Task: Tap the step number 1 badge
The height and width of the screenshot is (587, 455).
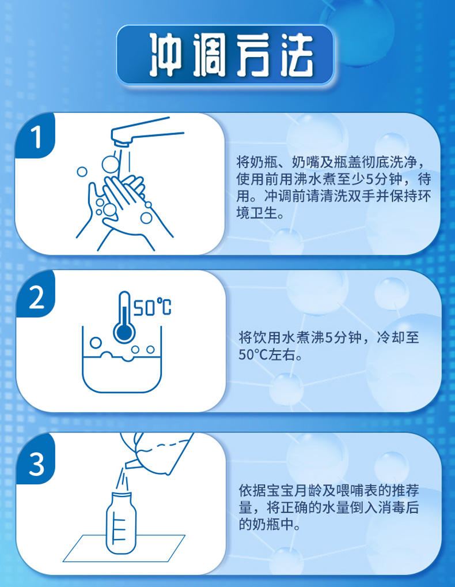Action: click(36, 138)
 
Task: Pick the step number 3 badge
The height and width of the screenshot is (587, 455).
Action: click(36, 464)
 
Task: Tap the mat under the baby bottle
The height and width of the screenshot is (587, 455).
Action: click(124, 548)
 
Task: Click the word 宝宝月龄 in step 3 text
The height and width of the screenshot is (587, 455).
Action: click(301, 491)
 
